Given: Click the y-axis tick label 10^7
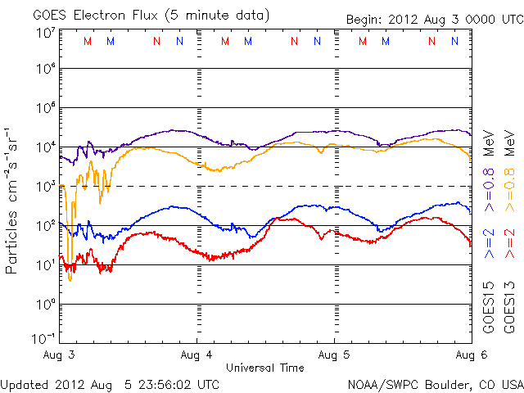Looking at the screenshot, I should pos(45,33).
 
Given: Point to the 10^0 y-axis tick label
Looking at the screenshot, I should pos(45,305).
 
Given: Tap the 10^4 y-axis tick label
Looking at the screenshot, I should pos(45,147).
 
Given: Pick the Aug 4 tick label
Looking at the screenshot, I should pos(196,355).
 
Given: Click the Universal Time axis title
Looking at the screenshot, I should pos(264,368).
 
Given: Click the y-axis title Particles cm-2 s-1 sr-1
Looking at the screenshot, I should pos(13,200).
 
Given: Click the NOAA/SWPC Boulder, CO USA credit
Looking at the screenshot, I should pos(435,384).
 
